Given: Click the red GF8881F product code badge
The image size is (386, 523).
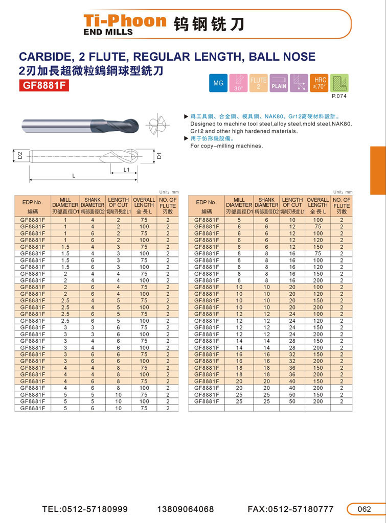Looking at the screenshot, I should click(x=44, y=85).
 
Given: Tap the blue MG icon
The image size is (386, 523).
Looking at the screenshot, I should click(x=218, y=83).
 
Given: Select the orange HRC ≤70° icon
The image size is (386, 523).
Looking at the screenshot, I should click(x=319, y=83).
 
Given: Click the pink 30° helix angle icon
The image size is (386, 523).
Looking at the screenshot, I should click(x=238, y=83).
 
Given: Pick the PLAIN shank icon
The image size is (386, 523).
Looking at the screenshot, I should click(x=279, y=83).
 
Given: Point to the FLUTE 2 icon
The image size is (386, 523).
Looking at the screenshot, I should click(x=258, y=83).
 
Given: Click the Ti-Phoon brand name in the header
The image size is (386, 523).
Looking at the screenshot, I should click(x=125, y=21).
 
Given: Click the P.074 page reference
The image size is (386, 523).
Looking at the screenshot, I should click(x=339, y=96).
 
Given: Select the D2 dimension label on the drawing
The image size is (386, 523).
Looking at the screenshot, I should click(x=20, y=155).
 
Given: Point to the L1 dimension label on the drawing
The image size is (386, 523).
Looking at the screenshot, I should click(x=126, y=169).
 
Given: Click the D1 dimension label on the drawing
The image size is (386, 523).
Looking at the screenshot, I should click(x=160, y=155).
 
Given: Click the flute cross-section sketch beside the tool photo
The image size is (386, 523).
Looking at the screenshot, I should click(x=156, y=125).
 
